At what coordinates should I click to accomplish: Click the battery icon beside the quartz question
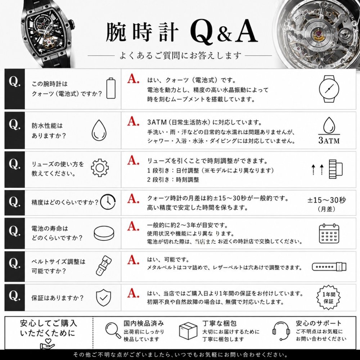point(111,88)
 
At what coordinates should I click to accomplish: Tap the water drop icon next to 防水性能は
point(99,130)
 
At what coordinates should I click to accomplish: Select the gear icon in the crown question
point(100,168)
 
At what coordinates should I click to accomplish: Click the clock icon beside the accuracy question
point(108,202)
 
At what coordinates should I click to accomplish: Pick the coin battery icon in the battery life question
point(104,233)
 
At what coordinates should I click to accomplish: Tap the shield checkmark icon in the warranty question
point(103,298)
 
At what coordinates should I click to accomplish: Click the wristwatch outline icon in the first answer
point(329,89)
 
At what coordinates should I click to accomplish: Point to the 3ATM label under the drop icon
point(329,140)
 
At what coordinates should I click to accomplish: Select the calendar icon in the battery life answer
point(329,233)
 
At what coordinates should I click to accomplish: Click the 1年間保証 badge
point(329,298)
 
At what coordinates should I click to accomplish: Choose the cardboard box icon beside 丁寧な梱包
point(188,330)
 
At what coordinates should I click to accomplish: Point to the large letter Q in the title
point(202,32)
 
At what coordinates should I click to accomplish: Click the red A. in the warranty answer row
point(133,293)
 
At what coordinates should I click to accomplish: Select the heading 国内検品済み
point(144,323)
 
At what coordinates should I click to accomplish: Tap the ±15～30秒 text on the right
point(327,200)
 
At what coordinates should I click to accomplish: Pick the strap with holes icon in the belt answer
point(329,267)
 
